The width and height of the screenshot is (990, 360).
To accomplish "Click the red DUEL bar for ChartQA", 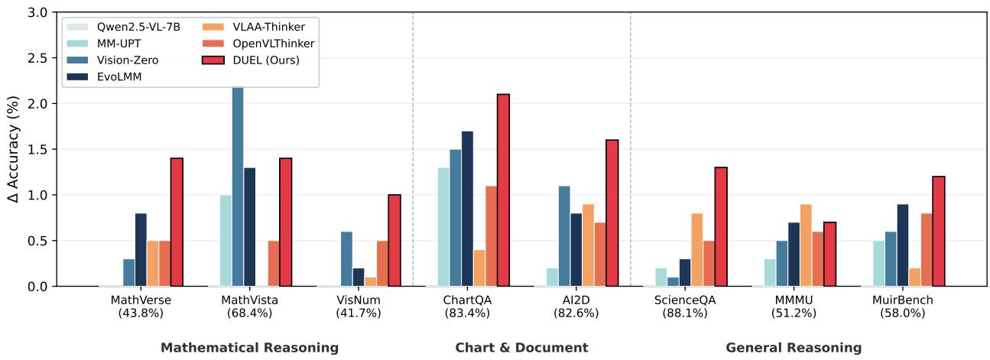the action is point(503,190).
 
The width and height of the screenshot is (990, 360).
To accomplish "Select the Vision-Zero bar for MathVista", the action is point(238,186).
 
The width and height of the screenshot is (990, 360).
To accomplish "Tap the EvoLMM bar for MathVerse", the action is point(141,250).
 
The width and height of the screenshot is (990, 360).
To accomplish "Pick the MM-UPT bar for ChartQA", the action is point(443,227).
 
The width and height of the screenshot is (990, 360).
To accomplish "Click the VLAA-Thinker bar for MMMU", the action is point(806,245).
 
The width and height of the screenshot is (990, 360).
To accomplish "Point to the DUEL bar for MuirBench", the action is point(938,232).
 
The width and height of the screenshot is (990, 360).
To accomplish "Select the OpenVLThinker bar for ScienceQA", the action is point(709,264).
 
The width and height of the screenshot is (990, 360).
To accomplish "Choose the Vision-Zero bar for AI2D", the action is point(564,236).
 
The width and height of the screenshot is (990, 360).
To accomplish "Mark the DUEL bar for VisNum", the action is point(394,241).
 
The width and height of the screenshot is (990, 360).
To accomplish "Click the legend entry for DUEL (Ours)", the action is point(251,60).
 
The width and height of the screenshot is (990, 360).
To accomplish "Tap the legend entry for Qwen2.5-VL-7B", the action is point(124,27).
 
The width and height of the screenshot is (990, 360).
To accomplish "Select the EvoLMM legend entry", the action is point(104,77).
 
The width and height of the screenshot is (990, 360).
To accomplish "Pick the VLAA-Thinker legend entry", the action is point(254,27).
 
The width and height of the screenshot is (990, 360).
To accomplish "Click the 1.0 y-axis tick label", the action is point(37,195).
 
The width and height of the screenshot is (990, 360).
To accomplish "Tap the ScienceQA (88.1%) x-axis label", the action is point(685,306).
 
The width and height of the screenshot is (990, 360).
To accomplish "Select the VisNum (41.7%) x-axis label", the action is point(359,306).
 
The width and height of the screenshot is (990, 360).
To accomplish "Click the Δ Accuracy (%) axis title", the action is point(13,149).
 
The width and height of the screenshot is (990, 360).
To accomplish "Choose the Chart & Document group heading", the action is point(521,348).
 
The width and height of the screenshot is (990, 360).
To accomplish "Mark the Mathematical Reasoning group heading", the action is point(250,348).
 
